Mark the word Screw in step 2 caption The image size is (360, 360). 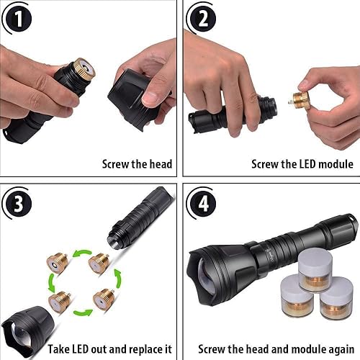(266, 164)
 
